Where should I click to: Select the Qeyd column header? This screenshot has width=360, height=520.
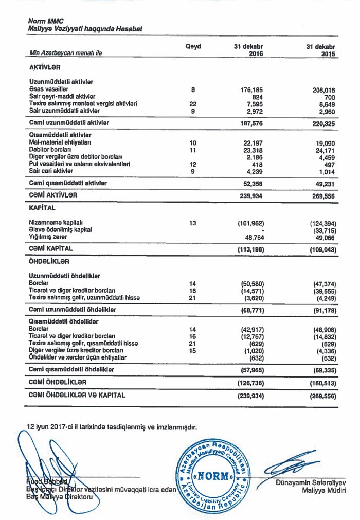click(x=193, y=47)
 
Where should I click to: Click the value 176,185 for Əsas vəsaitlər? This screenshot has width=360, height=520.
click(x=252, y=90)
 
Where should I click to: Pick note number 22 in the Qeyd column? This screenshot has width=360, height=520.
click(x=193, y=104)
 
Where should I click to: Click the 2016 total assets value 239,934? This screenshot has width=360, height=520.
click(x=252, y=196)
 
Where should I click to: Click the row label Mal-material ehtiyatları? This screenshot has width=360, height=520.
click(x=61, y=142)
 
